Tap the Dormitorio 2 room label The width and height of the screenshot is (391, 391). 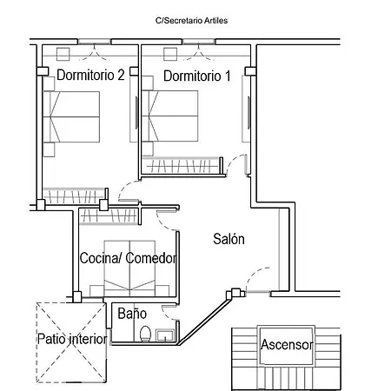coord(90,76)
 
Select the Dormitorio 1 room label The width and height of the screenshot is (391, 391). coord(196,76)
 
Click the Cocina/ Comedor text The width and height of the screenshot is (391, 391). coord(128,259)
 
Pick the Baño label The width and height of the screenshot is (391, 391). coord(132,313)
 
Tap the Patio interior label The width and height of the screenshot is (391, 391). coord(72,339)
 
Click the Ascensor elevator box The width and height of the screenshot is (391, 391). coord(286,345)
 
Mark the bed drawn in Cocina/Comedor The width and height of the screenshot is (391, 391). coord(130,268)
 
